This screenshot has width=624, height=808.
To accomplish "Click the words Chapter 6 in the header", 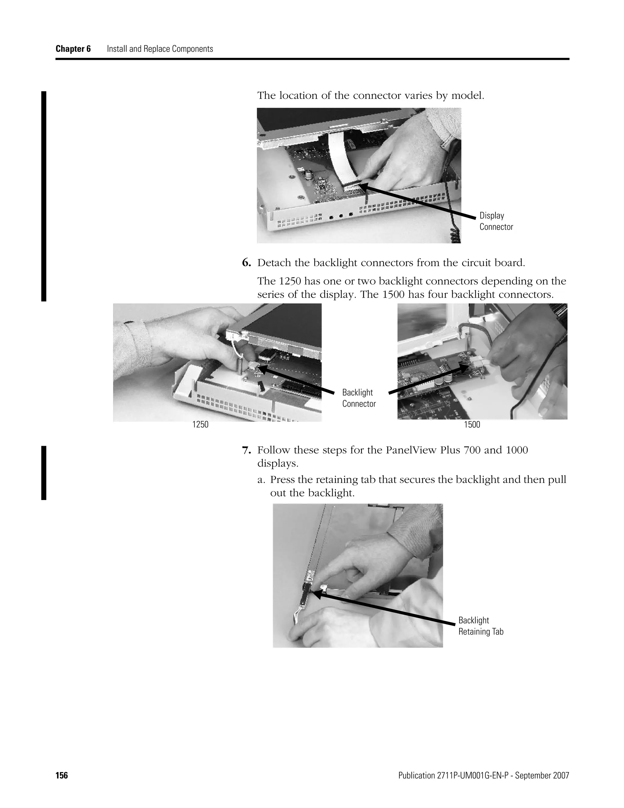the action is pos(73,49).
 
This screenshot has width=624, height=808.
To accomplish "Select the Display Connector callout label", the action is pos(496,221).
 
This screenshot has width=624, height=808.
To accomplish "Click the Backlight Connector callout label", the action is pos(359,398).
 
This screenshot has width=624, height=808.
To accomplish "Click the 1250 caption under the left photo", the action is pos(200,425).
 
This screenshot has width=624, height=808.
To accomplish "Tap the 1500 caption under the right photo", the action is pos(472,425).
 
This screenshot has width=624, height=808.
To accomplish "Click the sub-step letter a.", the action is pos(261,480).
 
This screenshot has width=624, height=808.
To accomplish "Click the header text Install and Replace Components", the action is pos(160,49).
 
